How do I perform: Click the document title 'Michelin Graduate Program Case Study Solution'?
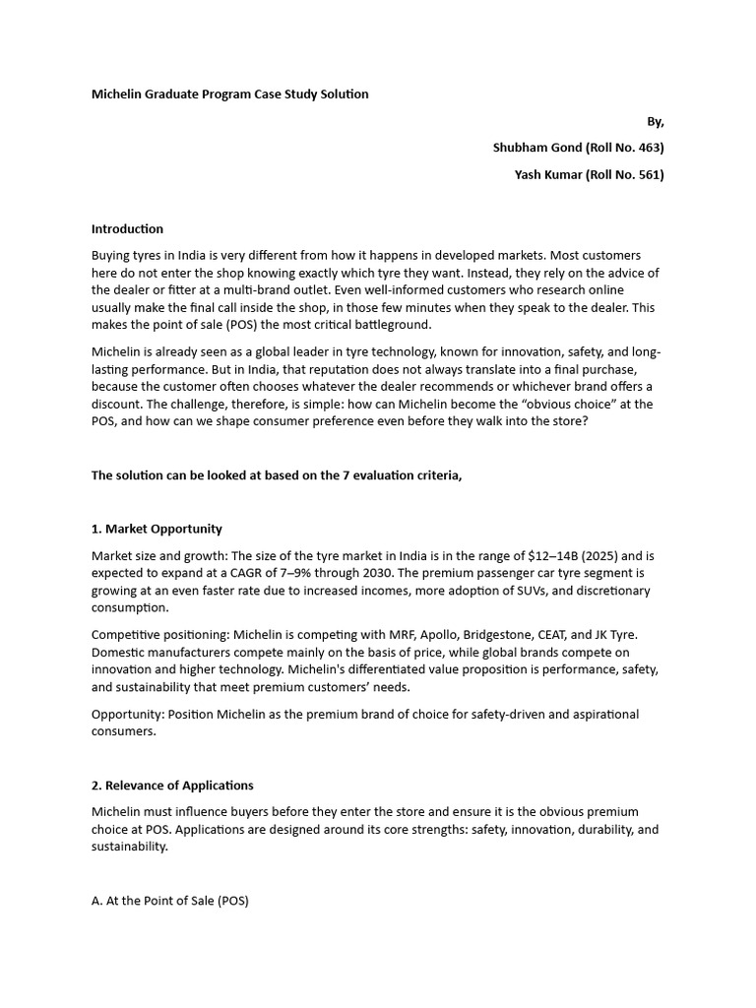(x=229, y=94)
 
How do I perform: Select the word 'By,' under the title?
(x=655, y=121)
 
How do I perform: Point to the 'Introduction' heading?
(x=127, y=228)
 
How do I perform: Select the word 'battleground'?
(x=390, y=325)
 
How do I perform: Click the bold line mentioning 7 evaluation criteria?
(x=277, y=475)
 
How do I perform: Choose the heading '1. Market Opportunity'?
(x=157, y=529)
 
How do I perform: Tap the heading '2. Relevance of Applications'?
(x=172, y=786)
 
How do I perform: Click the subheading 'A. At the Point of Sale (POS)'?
(x=170, y=900)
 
